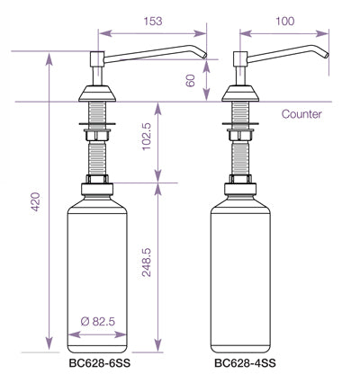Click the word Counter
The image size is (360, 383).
tap(301, 114)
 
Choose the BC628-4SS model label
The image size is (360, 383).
tap(245, 365)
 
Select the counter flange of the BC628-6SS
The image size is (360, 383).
tap(96, 94)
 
